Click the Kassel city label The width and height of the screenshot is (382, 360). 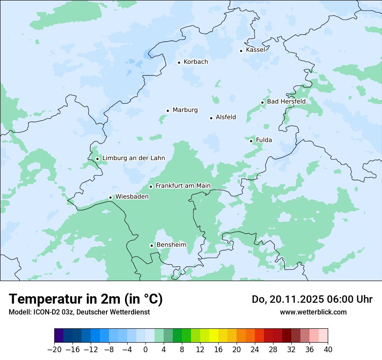pyautogui.click(x=255, y=50)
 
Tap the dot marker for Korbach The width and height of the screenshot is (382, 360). pyautogui.click(x=179, y=62)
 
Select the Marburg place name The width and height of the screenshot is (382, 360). pyautogui.click(x=185, y=110)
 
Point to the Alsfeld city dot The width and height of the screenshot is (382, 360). pyautogui.click(x=211, y=118)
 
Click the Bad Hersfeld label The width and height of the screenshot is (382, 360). pyautogui.click(x=286, y=101)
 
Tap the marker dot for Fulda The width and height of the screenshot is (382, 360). pyautogui.click(x=251, y=141)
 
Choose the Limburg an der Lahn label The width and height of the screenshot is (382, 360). pyautogui.click(x=134, y=158)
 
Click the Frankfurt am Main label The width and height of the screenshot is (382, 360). pyautogui.click(x=183, y=186)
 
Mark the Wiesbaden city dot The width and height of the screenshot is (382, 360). pyautogui.click(x=111, y=198)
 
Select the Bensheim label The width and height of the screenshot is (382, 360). pyautogui.click(x=171, y=245)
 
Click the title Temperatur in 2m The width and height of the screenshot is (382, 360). pyautogui.click(x=86, y=299)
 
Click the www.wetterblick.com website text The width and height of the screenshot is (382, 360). pyautogui.click(x=313, y=312)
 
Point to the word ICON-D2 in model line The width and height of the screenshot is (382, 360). pyautogui.click(x=47, y=312)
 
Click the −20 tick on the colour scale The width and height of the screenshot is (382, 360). pyautogui.click(x=54, y=349)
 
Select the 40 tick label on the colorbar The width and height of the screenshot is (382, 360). pyautogui.click(x=328, y=349)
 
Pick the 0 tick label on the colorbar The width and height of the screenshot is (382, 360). pyautogui.click(x=145, y=349)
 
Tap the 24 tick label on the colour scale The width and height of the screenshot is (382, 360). pyautogui.click(x=255, y=349)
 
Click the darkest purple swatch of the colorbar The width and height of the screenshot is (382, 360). pyautogui.click(x=59, y=336)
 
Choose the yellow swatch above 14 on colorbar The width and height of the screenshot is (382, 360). pyautogui.click(x=214, y=336)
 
